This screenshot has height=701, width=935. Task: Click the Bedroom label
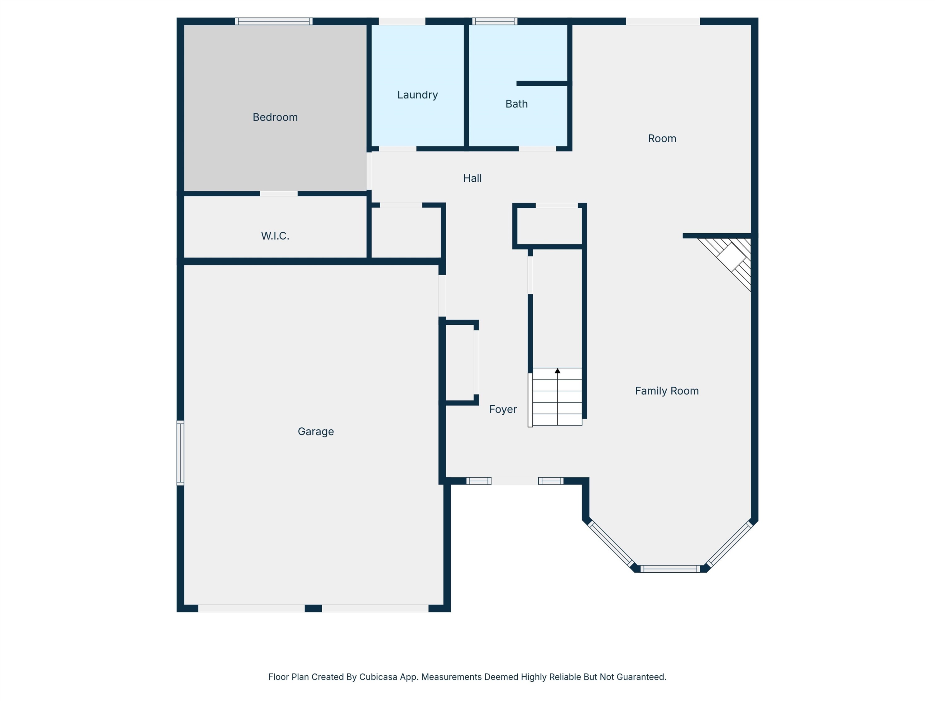pos(275,117)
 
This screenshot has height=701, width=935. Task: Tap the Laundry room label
pos(417,95)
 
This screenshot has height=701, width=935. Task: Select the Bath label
pos(516,104)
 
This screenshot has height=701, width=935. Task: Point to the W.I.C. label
pos(275,236)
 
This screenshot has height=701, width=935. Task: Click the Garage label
pos(316,432)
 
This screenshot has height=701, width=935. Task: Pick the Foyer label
pos(503,409)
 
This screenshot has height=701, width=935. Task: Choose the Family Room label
pos(667,391)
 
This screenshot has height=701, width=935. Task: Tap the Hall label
pos(472,178)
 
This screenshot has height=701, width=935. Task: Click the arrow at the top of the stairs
pos(558,370)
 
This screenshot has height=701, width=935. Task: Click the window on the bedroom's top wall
pos(274,21)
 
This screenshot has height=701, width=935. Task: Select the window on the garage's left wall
pos(180,453)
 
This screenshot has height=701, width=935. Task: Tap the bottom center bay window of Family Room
pos(670,569)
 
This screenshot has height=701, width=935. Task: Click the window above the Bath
pos(495,21)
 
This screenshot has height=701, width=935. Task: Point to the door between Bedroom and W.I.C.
pos(279,193)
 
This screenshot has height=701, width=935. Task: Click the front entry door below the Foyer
pos(515,481)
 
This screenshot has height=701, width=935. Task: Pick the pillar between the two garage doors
pos(313,608)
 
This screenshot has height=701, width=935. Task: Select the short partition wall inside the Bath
pos(542,83)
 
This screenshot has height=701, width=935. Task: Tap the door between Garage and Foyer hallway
pos(442,296)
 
